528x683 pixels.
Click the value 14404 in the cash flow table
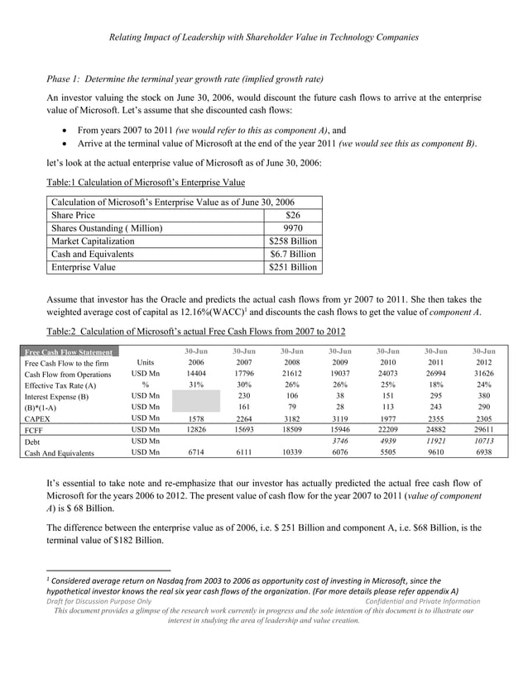tap(195, 374)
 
